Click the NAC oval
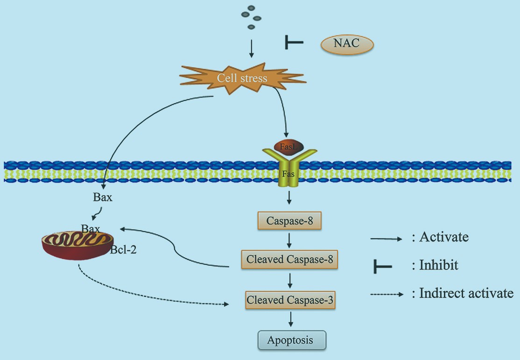tap(347, 45)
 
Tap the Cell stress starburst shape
tap(242, 78)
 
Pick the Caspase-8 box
tap(289, 220)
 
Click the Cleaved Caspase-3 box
tap(290, 300)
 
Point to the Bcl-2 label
tap(124, 250)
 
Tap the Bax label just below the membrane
tap(103, 197)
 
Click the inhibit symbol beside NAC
tap(294, 43)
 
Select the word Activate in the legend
tap(444, 237)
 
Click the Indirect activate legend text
tap(466, 294)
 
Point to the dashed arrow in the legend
tap(386, 295)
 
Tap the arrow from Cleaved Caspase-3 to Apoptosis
tap(291, 319)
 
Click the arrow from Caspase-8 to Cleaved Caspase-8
tap(290, 240)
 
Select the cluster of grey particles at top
tap(251, 17)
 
